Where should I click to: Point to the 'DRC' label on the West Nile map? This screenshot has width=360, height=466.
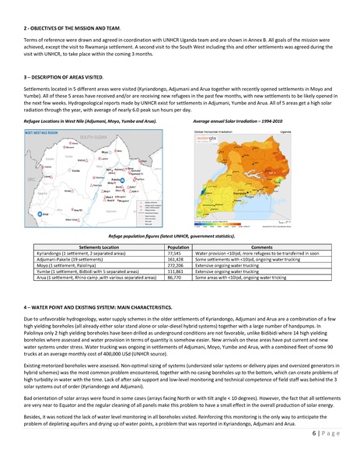click(29, 180)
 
